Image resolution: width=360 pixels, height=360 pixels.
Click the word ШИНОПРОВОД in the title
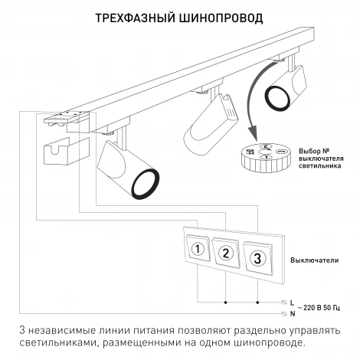[223, 18]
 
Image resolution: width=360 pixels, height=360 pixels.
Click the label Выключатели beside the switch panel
[314, 260]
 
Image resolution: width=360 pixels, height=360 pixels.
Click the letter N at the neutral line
[293, 314]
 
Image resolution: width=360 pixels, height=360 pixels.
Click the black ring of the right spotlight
[277, 97]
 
